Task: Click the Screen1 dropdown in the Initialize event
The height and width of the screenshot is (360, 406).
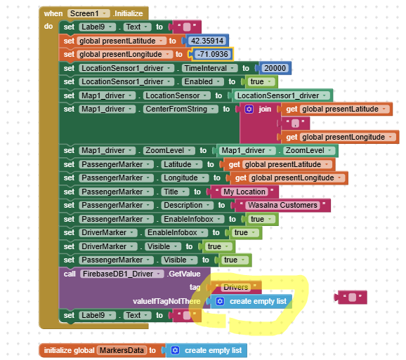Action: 89,13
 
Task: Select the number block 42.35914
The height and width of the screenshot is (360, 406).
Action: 207,41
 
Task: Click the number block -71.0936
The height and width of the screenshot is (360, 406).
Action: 213,54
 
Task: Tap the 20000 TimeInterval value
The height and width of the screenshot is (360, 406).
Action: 275,68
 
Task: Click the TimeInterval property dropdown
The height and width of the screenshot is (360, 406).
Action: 210,68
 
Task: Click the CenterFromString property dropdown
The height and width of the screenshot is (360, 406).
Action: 181,109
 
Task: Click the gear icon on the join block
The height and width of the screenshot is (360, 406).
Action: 249,109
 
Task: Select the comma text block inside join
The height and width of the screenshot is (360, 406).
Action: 295,123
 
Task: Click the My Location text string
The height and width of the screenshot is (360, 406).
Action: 244,192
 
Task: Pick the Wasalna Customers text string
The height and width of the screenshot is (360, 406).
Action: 282,206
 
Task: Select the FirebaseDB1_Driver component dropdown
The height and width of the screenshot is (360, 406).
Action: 122,274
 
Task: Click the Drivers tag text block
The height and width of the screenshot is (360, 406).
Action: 236,287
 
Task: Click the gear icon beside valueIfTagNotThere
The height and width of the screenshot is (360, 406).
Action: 220,302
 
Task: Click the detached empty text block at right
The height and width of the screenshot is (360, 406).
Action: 352,298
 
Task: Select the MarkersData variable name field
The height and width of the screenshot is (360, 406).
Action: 122,350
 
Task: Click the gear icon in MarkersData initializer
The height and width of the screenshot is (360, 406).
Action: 176,350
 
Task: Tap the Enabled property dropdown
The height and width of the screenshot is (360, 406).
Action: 203,81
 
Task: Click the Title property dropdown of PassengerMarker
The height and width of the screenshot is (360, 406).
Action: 175,192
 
